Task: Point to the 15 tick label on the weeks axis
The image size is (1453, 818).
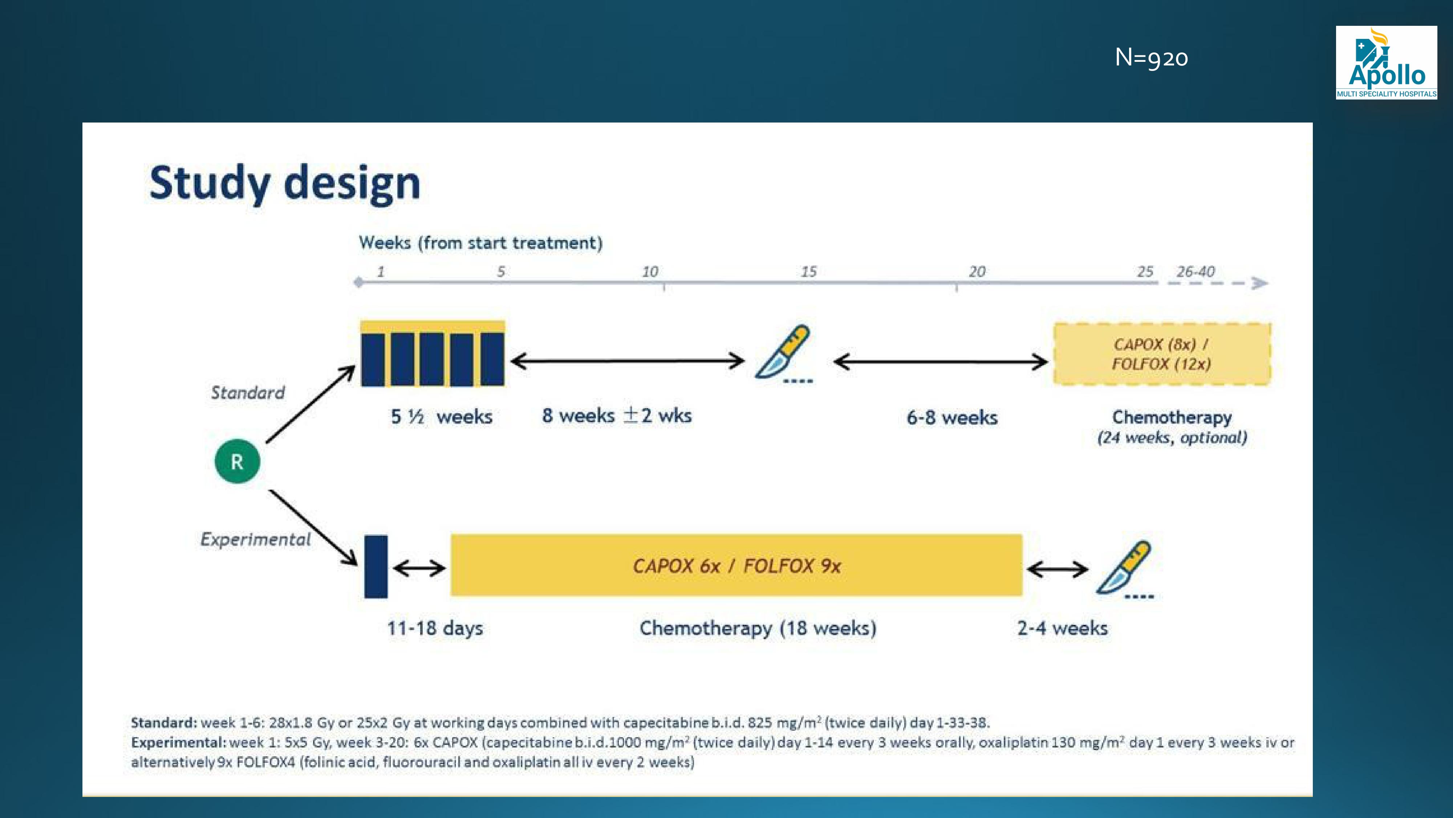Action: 808,272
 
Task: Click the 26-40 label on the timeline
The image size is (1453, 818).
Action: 1195,272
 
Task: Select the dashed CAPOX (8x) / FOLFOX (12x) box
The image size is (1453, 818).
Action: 1162,354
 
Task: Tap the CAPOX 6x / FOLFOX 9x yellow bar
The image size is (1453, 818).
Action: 736,565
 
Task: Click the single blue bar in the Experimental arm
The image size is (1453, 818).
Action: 376,566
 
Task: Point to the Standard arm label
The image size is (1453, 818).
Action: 248,392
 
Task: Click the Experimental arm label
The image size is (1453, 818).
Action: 256,539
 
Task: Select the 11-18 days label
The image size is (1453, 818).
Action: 435,628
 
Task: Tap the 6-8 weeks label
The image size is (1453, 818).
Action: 952,418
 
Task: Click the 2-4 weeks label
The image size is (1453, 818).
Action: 1063,628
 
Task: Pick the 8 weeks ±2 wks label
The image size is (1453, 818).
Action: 617,416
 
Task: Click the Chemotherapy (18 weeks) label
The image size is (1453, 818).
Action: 758,628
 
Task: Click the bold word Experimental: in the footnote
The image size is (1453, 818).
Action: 179,742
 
